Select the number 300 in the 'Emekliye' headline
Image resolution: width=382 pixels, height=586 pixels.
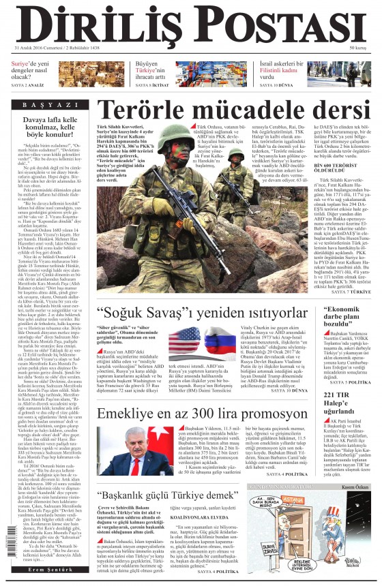(x=240, y=414)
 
